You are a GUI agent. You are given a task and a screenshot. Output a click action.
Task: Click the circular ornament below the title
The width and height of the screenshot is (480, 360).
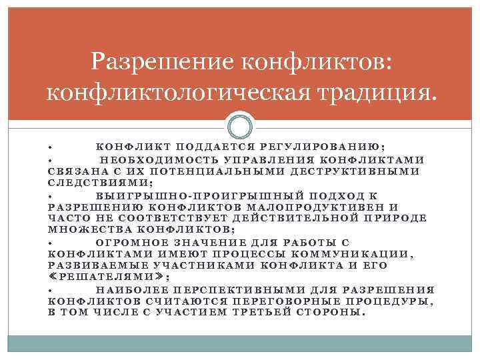[x=241, y=126]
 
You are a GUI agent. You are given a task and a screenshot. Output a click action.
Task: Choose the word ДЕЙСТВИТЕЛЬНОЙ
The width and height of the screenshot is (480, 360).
[x=302, y=218]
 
